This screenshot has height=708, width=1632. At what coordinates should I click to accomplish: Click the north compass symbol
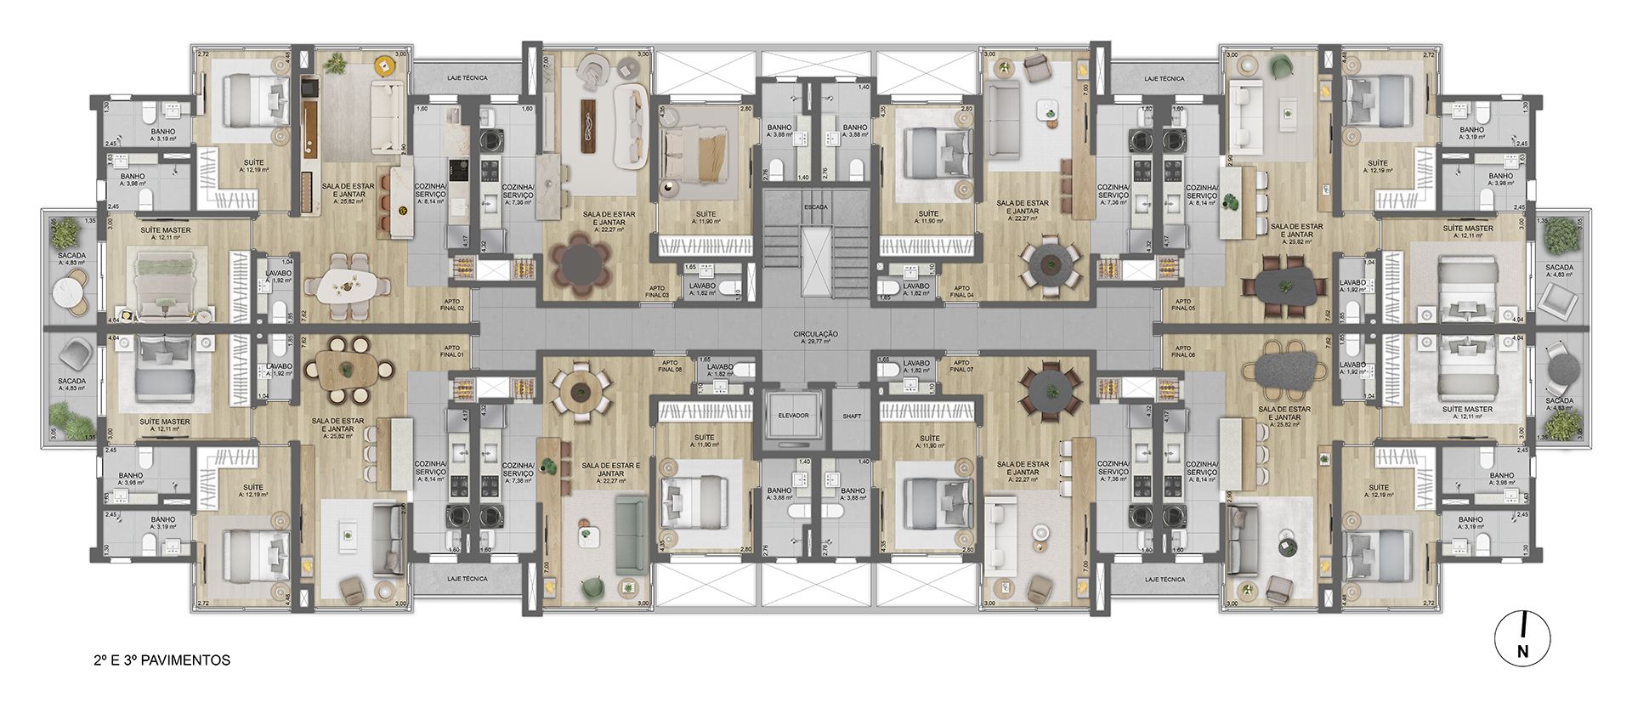[x=1522, y=640]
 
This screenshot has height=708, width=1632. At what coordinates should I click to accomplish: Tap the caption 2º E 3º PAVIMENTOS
[x=162, y=660]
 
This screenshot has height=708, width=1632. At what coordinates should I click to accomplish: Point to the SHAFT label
[x=852, y=416]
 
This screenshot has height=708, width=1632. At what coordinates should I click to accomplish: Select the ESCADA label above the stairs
[x=816, y=207]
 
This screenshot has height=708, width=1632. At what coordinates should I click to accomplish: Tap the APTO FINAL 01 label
[x=452, y=352]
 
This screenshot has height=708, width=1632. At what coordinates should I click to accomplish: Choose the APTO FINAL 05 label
[x=1182, y=304]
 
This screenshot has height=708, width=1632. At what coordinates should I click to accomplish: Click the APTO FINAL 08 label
[x=670, y=365]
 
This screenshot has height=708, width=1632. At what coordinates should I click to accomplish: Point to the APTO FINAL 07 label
[x=961, y=365]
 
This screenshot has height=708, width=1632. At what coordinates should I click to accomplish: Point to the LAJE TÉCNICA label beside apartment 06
[x=1164, y=579]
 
